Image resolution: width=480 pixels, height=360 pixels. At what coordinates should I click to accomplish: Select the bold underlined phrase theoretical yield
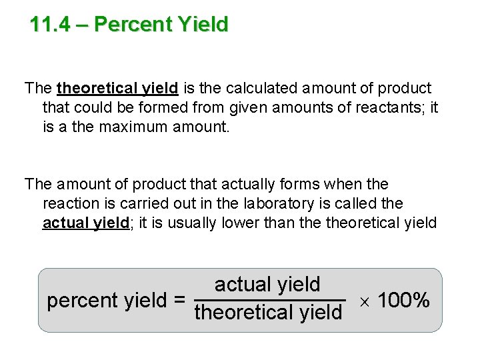(117, 88)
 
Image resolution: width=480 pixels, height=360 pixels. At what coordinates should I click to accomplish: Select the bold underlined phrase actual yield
(85, 223)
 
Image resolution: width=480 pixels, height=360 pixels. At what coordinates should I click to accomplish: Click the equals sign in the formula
(179, 301)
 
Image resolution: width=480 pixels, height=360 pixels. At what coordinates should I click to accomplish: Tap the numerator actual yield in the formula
(267, 285)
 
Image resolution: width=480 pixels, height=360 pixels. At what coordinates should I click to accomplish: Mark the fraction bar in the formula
(269, 299)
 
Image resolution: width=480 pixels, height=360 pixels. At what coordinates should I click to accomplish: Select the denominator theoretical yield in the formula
(268, 312)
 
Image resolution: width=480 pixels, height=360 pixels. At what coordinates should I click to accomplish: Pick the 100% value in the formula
(403, 301)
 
